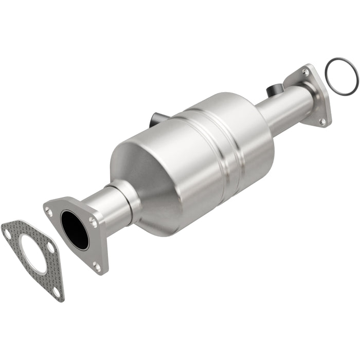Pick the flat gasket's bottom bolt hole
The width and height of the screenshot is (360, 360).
tap(56, 291)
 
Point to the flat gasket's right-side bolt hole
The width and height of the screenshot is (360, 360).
tap(50, 247)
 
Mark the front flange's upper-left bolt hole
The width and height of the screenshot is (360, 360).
tap(49, 210)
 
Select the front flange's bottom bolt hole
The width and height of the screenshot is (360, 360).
tap(97, 266)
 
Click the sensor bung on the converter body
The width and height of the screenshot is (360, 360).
tap(156, 120)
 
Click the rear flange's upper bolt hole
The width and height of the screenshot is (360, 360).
tap(305, 73)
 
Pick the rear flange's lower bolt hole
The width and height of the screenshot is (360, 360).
tap(322, 121)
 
